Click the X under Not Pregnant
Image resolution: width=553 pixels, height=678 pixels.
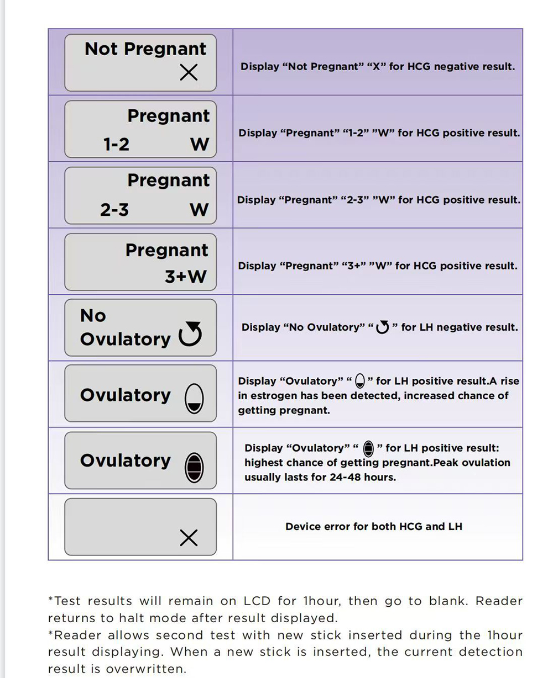point(189,72)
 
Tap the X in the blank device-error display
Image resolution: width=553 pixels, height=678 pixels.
point(189,538)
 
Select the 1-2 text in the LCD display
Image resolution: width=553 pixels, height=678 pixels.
point(116,145)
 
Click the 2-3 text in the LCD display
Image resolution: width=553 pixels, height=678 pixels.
point(114,210)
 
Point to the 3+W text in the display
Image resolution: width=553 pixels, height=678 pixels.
point(185,276)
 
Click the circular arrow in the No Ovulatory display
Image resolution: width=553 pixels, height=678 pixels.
point(190,333)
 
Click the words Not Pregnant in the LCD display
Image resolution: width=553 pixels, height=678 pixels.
point(145,49)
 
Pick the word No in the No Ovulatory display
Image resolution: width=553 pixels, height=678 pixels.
point(93,315)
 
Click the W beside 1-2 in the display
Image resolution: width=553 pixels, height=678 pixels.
point(199,145)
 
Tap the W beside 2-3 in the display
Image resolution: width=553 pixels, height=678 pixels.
point(199,210)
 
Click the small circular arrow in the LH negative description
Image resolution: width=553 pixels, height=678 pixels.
point(383,327)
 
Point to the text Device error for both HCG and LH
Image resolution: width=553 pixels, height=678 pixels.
point(374,527)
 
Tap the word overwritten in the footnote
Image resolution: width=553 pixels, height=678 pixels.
point(145,669)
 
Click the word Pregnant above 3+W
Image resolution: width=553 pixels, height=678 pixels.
point(167,250)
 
